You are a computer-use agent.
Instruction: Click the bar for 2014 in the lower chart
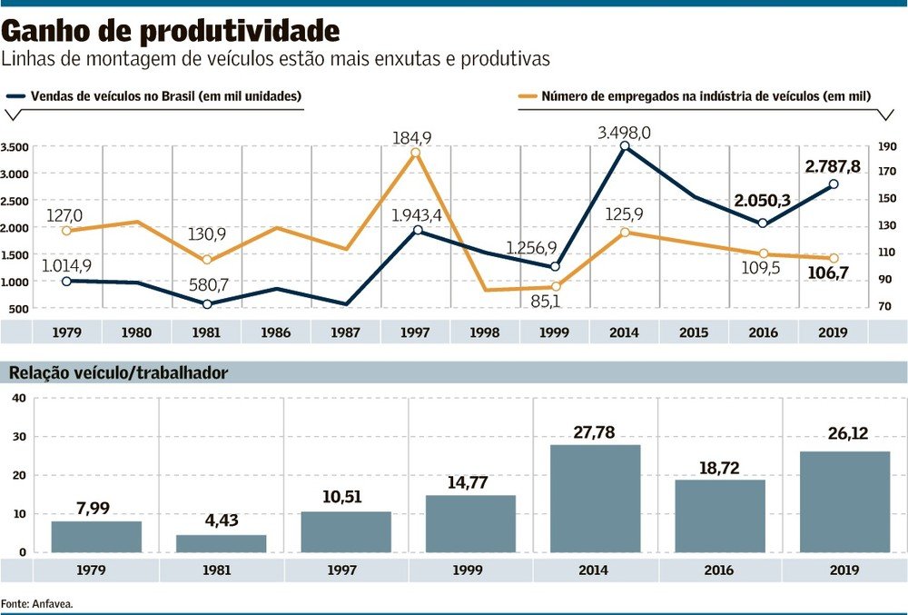pyautogui.click(x=595, y=498)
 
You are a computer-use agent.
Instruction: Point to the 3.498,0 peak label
pyautogui.click(x=624, y=133)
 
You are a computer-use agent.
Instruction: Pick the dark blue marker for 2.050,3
pyautogui.click(x=763, y=223)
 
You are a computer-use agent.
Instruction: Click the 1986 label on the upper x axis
pyautogui.click(x=275, y=332)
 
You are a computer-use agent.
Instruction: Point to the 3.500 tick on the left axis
pyautogui.click(x=15, y=146)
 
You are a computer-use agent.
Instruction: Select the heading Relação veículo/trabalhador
pyautogui.click(x=118, y=372)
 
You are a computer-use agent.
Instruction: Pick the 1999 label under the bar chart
pyautogui.click(x=469, y=570)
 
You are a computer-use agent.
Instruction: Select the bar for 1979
pyautogui.click(x=96, y=536)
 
